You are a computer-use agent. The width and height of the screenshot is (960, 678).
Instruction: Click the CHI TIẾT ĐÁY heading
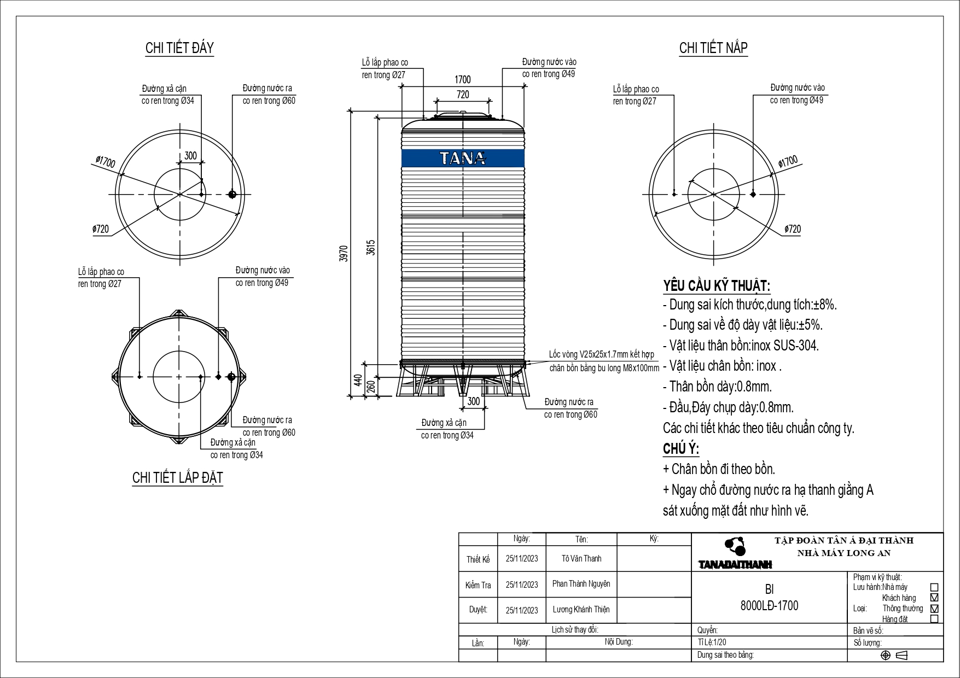179,48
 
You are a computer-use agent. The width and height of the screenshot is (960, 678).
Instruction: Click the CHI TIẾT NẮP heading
713,48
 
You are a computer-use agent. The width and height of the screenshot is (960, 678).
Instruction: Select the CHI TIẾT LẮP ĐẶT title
178,477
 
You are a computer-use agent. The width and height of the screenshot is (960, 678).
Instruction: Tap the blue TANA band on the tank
463,158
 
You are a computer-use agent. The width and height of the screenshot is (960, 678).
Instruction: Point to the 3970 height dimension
344,254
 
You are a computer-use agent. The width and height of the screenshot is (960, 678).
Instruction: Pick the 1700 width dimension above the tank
462,80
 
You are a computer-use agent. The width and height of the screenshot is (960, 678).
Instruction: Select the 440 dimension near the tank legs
358,379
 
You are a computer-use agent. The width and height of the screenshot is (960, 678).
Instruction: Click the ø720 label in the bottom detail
100,229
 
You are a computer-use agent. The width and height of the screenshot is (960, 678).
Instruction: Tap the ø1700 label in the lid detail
788,161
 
